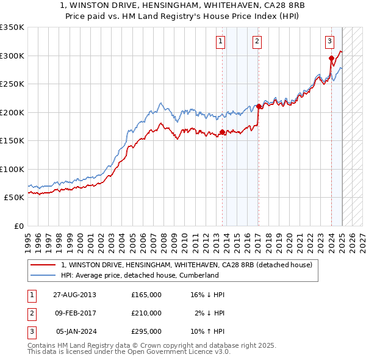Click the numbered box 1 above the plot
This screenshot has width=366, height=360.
(x=220, y=41)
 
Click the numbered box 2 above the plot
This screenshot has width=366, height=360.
(x=257, y=41)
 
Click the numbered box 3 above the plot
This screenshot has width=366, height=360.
(x=329, y=41)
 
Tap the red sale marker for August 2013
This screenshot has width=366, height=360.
(x=222, y=132)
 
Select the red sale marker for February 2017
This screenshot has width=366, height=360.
(x=259, y=107)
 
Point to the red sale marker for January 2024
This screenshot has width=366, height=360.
(x=331, y=59)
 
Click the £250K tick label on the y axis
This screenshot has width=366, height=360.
(x=12, y=84)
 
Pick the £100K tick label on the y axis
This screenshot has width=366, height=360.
(x=12, y=169)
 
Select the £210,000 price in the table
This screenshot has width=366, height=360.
(x=146, y=313)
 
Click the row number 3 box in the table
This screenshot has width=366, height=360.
(x=31, y=331)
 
